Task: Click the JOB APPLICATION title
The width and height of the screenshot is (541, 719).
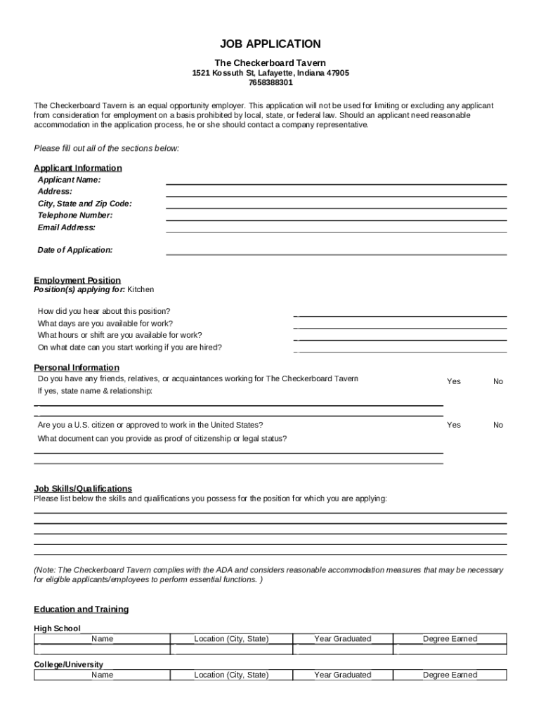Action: coord(270,44)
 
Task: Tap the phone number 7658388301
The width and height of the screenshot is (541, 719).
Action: coord(270,83)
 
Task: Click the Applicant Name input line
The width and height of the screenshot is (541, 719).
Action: coord(336,184)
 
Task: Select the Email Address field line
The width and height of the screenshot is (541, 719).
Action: coord(336,231)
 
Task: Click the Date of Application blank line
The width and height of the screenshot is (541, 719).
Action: coord(336,253)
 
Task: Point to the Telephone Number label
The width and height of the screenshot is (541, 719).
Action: coord(74,216)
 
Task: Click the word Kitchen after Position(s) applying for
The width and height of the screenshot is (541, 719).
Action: coord(141,289)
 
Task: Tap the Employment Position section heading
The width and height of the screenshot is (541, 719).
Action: coord(77,280)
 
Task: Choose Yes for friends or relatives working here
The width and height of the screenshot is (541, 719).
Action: coord(454,381)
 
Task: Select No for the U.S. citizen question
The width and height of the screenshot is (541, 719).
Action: coord(498,425)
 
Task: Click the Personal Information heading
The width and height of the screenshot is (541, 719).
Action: coord(77,367)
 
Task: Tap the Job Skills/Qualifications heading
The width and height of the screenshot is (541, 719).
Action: coord(83,489)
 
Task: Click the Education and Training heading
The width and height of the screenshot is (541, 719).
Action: coord(82,609)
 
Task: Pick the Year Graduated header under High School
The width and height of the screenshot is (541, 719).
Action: coord(343,639)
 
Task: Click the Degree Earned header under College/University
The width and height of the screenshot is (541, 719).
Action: coord(450,675)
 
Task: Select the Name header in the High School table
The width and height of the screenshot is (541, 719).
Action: coord(102,639)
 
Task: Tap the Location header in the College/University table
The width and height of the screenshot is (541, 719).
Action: coord(231,675)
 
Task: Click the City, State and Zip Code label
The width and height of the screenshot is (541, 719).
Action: coord(84,204)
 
